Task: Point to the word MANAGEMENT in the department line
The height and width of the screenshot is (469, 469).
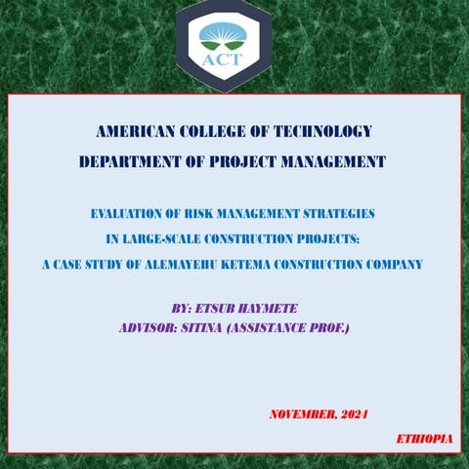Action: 329,161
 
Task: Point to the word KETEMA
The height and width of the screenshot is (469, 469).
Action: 290,264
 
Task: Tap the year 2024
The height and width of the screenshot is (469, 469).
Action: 353,414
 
